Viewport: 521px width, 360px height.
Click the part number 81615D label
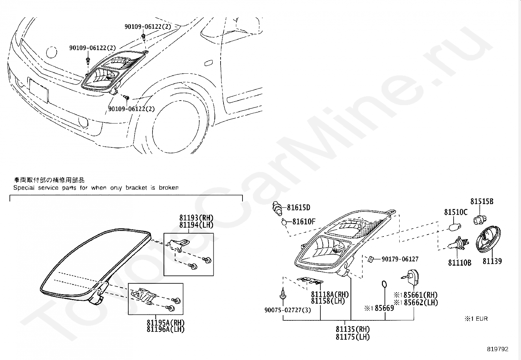[x=298, y=208]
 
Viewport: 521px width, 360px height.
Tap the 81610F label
[x=303, y=222]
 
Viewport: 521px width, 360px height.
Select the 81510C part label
[x=456, y=212]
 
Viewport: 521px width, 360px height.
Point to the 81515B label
[x=482, y=202]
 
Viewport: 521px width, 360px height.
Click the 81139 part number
[x=492, y=261]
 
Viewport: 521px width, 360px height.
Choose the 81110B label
[x=459, y=263]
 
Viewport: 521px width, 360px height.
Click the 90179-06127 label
[x=400, y=259]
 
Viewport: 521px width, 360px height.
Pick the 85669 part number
[x=384, y=308]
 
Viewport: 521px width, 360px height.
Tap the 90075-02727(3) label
[x=288, y=310]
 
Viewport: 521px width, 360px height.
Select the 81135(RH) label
[x=352, y=329]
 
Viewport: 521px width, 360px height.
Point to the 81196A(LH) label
[x=165, y=330]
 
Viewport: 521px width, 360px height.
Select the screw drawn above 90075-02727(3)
[x=282, y=294]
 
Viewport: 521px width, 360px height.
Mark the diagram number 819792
[x=497, y=349]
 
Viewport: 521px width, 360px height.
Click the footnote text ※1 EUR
[x=476, y=318]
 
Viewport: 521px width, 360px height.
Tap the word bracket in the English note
[x=137, y=188]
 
